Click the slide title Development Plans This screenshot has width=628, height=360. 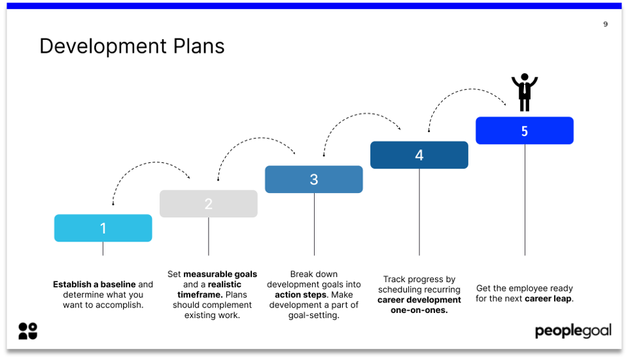pos(131,46)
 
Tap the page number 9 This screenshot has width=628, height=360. pos(605,24)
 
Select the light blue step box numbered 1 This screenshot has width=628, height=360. pos(103,228)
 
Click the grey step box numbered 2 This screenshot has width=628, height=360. pos(209,204)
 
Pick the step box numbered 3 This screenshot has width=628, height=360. pos(314,179)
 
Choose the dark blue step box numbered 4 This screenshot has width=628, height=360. pos(419,155)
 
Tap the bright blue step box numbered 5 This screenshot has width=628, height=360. pos(525,131)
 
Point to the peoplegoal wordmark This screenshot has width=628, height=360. pos(573,331)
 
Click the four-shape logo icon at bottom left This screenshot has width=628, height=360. pos(28,331)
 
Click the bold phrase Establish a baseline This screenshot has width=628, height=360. pos(95,285)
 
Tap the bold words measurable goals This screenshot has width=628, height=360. pos(220,274)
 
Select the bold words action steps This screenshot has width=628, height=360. pos(300,295)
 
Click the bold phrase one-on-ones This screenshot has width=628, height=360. pos(419,310)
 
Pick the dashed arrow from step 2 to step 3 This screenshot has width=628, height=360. pos(255,140)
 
